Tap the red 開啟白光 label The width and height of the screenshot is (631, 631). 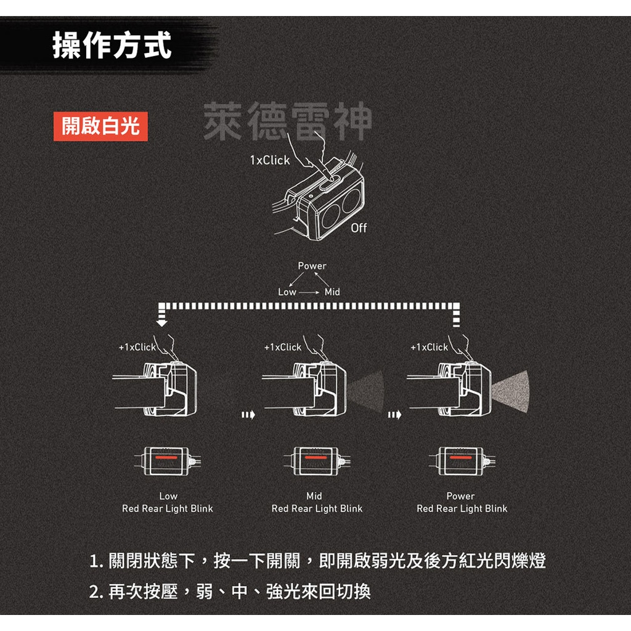100,126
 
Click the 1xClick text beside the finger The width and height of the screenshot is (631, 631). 269,160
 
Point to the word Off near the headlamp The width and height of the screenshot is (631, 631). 359,228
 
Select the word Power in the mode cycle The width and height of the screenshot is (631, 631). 312,266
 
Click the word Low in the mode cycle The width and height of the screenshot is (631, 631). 287,292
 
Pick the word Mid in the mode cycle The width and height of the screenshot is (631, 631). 332,292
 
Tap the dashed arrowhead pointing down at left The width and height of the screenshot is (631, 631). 161,320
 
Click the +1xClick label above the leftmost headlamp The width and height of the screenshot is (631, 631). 137,347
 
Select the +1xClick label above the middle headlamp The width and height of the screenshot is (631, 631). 283,347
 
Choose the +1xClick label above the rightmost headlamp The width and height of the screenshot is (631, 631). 429,347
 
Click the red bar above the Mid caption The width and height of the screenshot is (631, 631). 314,459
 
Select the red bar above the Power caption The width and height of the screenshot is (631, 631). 460,459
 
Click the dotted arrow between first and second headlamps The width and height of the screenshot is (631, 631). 248,415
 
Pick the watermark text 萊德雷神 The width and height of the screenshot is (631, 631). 287,121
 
